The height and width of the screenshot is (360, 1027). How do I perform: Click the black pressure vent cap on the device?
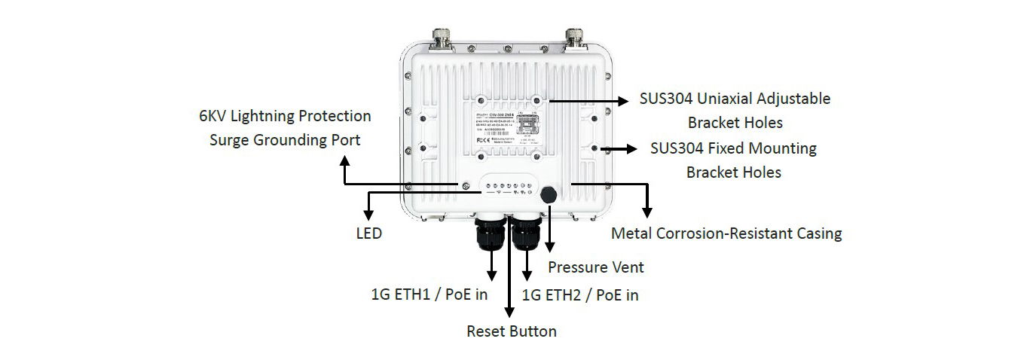[548, 194]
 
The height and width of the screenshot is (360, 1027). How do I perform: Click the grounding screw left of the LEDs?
[466, 185]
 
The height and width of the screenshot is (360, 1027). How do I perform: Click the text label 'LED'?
[368, 233]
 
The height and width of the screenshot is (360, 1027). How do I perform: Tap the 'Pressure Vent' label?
[595, 267]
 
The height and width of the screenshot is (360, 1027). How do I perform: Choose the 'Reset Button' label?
[512, 331]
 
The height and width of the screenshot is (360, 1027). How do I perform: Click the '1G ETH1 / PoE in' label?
[429, 294]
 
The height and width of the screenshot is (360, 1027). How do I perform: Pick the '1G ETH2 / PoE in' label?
[580, 295]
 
